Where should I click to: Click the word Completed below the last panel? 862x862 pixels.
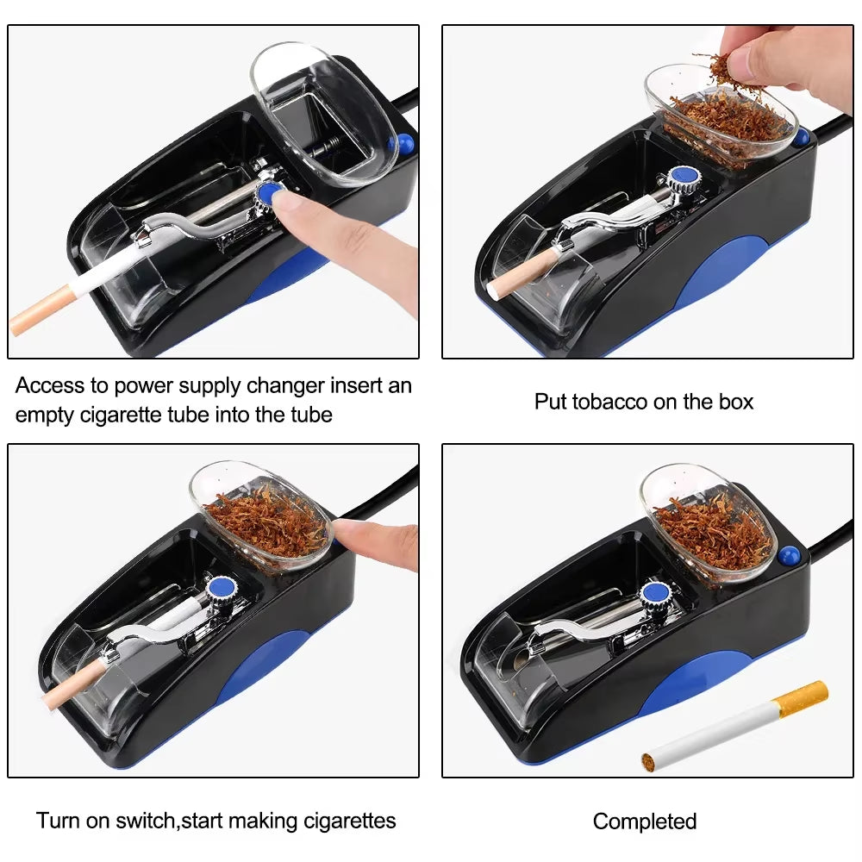[x=644, y=821]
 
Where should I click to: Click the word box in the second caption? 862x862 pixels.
[x=734, y=402]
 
